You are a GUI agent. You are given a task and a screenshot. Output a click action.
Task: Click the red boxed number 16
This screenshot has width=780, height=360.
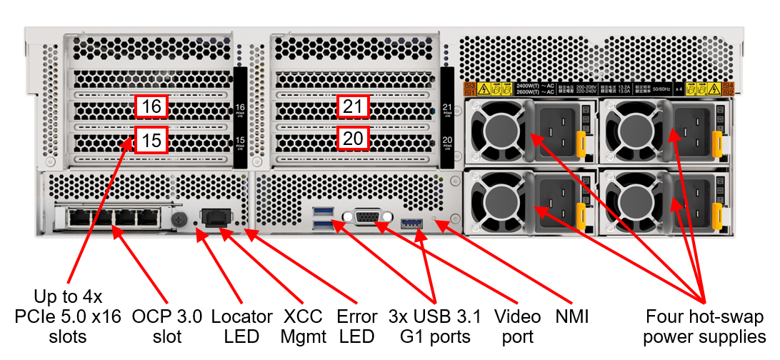151,107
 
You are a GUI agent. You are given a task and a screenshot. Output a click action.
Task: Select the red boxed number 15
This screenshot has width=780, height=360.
151,139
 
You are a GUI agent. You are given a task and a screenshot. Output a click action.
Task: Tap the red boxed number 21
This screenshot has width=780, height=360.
353,107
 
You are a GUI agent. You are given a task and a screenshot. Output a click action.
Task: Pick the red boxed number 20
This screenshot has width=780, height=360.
353,138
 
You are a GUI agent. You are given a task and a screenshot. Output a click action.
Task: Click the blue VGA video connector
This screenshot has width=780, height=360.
367,217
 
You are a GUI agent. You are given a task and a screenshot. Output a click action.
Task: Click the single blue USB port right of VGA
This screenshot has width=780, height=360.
413,225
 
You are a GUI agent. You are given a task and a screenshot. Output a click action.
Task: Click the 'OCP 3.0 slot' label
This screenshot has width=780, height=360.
167,326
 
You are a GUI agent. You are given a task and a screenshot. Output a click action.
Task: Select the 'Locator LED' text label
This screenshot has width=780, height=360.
242,326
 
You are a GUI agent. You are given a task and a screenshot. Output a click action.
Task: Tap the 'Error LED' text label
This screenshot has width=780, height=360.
356,326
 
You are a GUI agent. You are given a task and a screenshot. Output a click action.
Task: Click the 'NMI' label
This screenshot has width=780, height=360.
571,316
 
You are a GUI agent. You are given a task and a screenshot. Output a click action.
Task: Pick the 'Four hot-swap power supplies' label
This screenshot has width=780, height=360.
704,326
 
